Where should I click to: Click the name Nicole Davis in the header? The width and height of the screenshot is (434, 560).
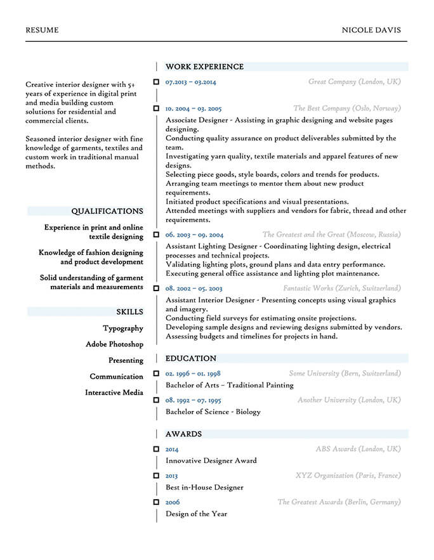click(x=371, y=30)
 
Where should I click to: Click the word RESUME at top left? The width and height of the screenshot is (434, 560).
click(x=42, y=30)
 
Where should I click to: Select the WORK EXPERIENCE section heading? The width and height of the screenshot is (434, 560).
click(x=204, y=67)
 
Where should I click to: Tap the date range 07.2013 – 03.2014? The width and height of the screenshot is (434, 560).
click(x=190, y=82)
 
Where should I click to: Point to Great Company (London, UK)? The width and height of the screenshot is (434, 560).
click(x=354, y=82)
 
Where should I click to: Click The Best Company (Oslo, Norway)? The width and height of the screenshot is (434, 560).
click(x=346, y=108)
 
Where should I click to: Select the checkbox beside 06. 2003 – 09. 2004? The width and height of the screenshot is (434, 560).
click(x=156, y=235)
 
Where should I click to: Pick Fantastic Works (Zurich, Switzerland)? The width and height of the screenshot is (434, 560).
click(x=341, y=288)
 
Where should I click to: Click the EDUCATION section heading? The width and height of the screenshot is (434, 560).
click(x=190, y=358)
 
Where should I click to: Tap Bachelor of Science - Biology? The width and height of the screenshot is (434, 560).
click(x=213, y=412)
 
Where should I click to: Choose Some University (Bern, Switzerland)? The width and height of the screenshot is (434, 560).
click(x=345, y=374)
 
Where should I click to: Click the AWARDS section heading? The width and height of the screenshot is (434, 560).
click(x=183, y=434)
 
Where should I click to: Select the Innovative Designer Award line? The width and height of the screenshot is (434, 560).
click(x=211, y=460)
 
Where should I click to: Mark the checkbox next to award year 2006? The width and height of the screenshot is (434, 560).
click(x=156, y=502)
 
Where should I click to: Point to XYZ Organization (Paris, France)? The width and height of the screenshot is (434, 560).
click(x=348, y=476)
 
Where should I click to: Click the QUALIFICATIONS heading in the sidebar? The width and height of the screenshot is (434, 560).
click(x=107, y=211)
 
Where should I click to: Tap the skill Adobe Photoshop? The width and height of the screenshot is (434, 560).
click(x=114, y=344)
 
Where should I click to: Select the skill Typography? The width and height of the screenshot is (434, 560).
click(x=122, y=329)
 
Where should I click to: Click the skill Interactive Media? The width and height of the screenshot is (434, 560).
click(x=114, y=393)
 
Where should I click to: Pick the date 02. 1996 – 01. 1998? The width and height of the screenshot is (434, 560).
click(x=193, y=374)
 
